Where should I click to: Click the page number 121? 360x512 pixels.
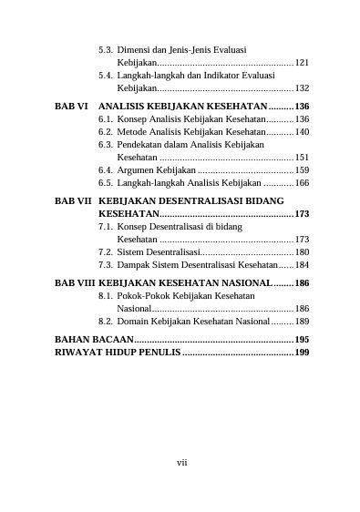[302, 64]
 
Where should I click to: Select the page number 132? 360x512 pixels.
[302, 89]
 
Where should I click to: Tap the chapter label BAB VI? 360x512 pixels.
[70, 107]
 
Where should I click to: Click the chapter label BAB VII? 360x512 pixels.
[73, 200]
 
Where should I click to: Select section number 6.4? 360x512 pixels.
[105, 170]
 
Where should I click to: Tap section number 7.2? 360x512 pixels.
[105, 252]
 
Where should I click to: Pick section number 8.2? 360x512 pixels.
[105, 323]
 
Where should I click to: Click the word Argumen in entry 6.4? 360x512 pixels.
[137, 170]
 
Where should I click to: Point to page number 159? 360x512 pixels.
[302, 170]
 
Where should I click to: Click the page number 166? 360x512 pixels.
[302, 183]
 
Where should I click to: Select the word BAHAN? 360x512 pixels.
[74, 340]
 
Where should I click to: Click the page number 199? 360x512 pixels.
[302, 352]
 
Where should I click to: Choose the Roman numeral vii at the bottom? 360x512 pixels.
[181, 463]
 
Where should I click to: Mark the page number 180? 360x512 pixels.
[302, 252]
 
